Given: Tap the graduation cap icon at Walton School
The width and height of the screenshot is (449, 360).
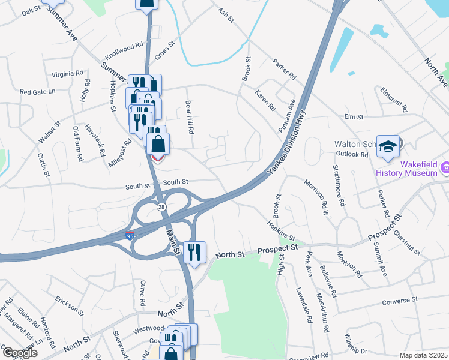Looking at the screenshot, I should [x=388, y=146].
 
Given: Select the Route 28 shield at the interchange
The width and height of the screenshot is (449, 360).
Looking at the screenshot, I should [x=162, y=207].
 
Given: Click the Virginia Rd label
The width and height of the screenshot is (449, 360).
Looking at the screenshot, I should [x=67, y=74].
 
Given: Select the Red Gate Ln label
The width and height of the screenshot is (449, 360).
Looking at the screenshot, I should [x=37, y=92].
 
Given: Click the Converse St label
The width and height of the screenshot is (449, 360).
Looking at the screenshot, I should [x=399, y=299].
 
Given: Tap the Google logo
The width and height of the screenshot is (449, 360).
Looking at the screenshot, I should [x=20, y=353].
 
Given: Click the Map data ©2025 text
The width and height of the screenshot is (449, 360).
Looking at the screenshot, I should [x=423, y=355].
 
